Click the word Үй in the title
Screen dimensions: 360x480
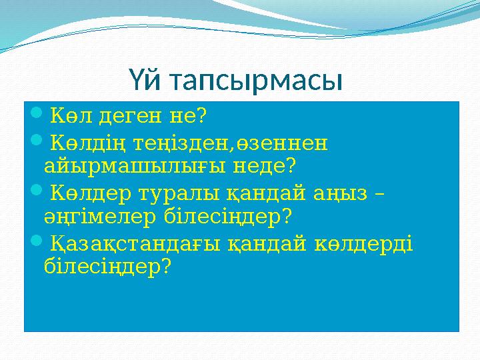coord(145,82)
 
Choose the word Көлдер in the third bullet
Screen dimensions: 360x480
coord(88,194)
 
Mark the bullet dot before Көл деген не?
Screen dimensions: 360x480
coord(36,116)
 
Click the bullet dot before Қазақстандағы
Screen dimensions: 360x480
coord(36,245)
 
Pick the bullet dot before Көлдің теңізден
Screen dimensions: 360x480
coord(36,142)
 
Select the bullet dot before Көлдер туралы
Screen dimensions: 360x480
coord(36,193)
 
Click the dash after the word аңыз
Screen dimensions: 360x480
coord(380,195)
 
